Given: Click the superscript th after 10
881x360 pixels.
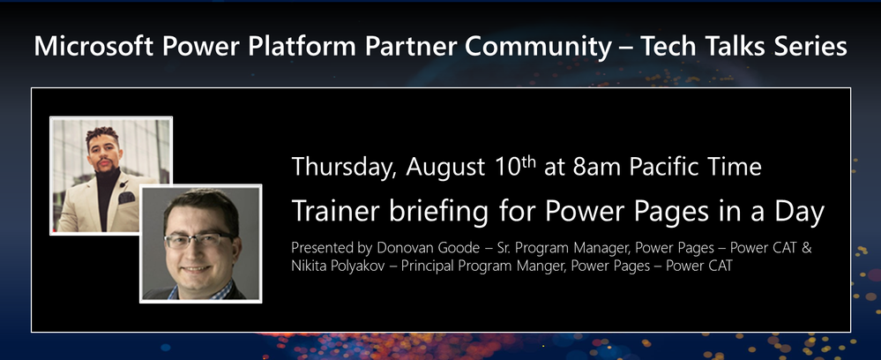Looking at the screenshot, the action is click(x=528, y=161).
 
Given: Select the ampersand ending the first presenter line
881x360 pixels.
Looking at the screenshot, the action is click(x=806, y=247).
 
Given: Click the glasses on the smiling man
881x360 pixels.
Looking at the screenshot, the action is click(x=198, y=240).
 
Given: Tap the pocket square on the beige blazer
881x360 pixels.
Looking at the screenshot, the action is click(x=126, y=197).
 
